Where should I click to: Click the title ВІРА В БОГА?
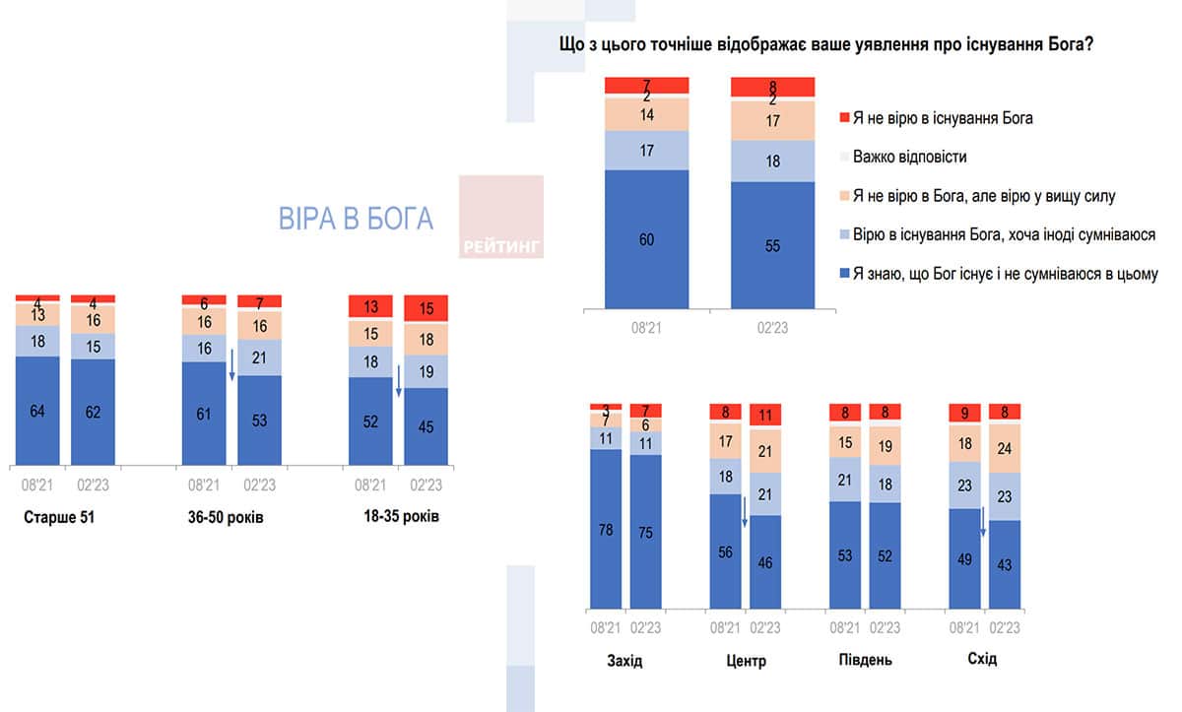point(356,219)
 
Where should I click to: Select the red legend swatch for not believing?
point(843,118)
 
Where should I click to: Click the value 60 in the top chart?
point(646,239)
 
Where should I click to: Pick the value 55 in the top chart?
point(772,245)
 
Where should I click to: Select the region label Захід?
point(624,659)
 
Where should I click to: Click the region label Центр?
point(745,659)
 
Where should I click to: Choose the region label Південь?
point(864,659)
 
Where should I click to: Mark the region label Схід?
point(982,659)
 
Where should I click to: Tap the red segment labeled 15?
point(427,308)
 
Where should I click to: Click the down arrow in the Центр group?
point(745,512)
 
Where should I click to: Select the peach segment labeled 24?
point(1004,448)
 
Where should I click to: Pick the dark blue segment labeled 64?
point(37,411)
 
